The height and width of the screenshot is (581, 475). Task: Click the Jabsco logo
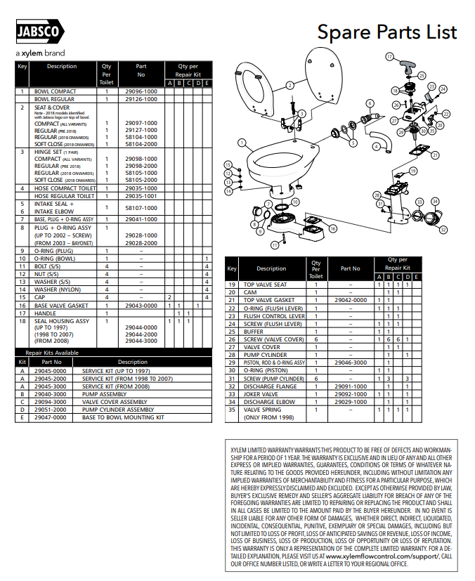click(x=41, y=32)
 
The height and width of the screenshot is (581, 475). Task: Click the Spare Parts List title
click(x=386, y=32)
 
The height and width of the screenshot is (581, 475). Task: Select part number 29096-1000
click(x=141, y=91)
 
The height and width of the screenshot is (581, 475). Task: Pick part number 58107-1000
click(x=141, y=208)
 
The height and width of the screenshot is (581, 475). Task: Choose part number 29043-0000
click(x=141, y=306)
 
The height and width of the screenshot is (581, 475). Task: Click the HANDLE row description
click(x=45, y=313)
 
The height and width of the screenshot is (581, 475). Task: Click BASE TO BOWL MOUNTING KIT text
click(x=122, y=417)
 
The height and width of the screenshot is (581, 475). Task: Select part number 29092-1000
click(x=350, y=394)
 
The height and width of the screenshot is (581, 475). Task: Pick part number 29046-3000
click(x=350, y=363)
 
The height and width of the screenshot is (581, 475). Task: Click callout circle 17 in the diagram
click(x=389, y=56)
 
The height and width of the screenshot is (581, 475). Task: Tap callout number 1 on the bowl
click(x=241, y=142)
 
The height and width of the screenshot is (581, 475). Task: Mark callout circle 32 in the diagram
click(x=443, y=229)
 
